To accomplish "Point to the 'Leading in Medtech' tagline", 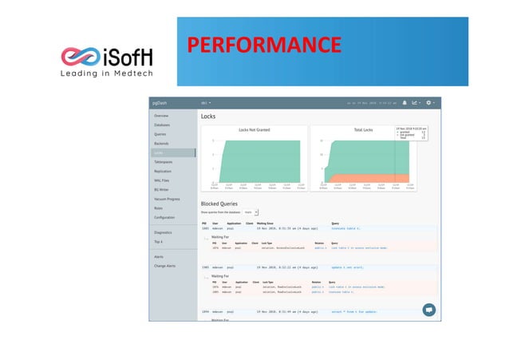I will point(108,74).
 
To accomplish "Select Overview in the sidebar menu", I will point(161,117).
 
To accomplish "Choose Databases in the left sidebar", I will point(162,125).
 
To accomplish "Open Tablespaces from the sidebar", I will point(164,162).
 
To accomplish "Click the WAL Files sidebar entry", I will point(162,180).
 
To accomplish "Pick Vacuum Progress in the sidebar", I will point(166,199).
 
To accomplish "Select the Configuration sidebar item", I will point(164,217).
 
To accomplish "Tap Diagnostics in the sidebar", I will point(163,232).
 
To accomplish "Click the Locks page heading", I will point(208,117).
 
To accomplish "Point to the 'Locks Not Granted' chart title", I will point(254,129).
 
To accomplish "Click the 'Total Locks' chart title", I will point(363,129).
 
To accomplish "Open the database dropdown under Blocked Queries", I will point(251,212).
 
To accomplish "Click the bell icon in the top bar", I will point(404,103).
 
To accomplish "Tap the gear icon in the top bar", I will point(428,103).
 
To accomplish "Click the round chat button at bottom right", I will point(428,309).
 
